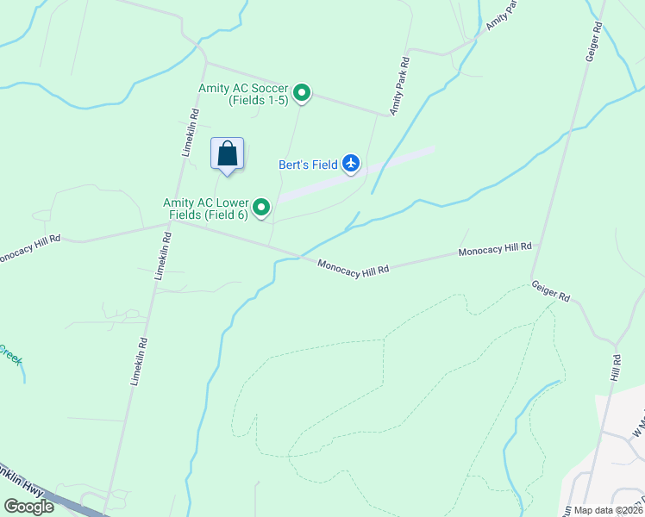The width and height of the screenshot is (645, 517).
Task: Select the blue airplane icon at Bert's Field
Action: pyautogui.click(x=350, y=163)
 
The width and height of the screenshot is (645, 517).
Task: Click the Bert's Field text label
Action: pyautogui.click(x=307, y=165)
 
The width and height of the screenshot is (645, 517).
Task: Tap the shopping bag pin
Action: pyautogui.click(x=228, y=155)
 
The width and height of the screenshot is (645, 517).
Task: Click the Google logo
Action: pyautogui.click(x=28, y=507)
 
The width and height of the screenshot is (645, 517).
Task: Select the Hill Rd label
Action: pyautogui.click(x=616, y=368)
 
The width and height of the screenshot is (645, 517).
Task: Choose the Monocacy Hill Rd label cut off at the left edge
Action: pyautogui.click(x=29, y=247)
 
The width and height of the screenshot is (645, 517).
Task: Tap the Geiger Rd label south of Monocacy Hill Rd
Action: pyautogui.click(x=550, y=290)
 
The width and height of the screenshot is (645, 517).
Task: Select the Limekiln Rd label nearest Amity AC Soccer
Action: pyautogui.click(x=191, y=131)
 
